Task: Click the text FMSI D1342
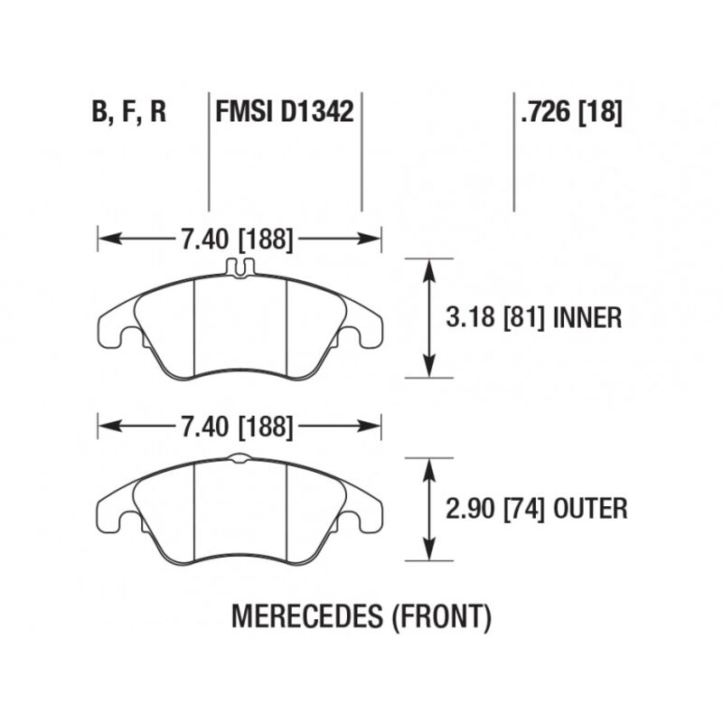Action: pyautogui.click(x=285, y=112)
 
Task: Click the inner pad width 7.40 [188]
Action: pyautogui.click(x=237, y=239)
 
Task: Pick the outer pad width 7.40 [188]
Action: pyautogui.click(x=237, y=427)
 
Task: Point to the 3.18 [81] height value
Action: pyautogui.click(x=494, y=318)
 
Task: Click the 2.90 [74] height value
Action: pyautogui.click(x=494, y=509)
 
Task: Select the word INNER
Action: pyautogui.click(x=587, y=318)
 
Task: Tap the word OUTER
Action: pyautogui.click(x=590, y=509)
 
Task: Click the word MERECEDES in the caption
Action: pyautogui.click(x=306, y=616)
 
